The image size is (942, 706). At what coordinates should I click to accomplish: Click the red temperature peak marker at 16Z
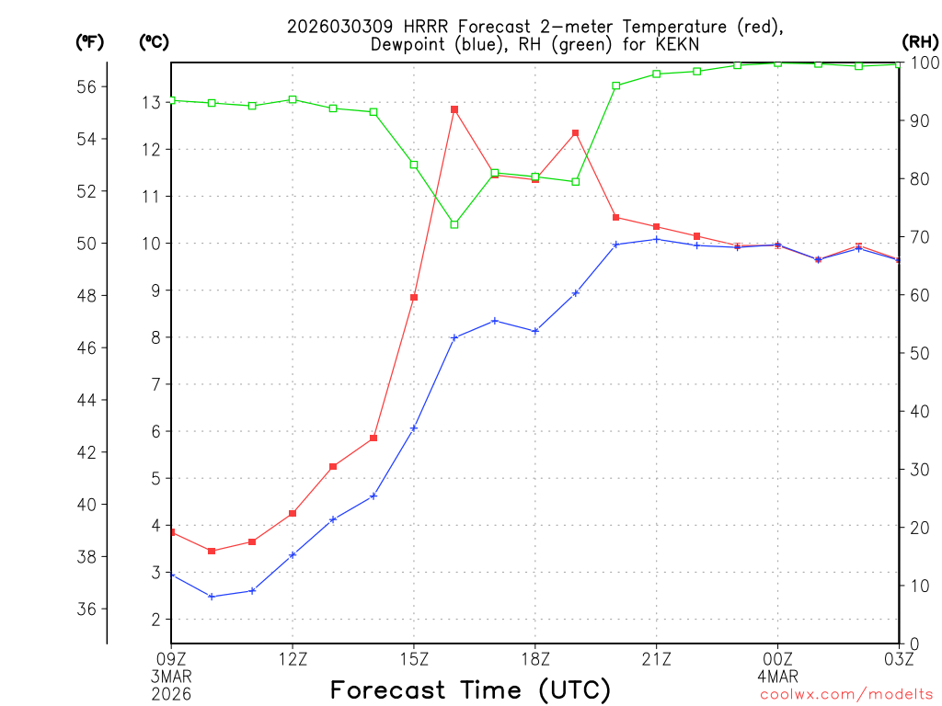pyautogui.click(x=454, y=109)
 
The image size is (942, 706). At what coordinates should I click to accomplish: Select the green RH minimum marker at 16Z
pyautogui.click(x=454, y=224)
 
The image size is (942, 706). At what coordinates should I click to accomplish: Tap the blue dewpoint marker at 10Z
pyautogui.click(x=212, y=597)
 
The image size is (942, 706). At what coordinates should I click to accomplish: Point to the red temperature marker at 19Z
pyautogui.click(x=576, y=133)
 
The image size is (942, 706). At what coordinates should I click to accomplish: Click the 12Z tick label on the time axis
pyautogui.click(x=293, y=658)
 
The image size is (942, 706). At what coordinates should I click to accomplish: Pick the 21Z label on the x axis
pyautogui.click(x=656, y=658)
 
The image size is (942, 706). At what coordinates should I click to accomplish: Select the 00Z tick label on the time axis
pyautogui.click(x=777, y=658)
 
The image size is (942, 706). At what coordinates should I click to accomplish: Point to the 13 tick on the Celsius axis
pyautogui.click(x=150, y=102)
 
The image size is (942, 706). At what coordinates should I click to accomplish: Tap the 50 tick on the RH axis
pyautogui.click(x=919, y=353)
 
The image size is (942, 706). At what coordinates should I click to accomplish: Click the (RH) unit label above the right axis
pyautogui.click(x=920, y=41)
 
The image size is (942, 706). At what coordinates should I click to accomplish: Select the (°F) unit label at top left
pyautogui.click(x=90, y=41)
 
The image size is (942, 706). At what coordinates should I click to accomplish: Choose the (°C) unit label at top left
pyautogui.click(x=155, y=41)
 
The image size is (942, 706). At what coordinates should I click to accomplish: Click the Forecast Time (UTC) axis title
pyautogui.click(x=470, y=689)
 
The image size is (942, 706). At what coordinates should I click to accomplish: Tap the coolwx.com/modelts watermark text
pyautogui.click(x=846, y=694)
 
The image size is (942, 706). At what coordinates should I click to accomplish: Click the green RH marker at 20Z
pyautogui.click(x=616, y=85)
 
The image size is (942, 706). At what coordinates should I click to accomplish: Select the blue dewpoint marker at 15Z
pyautogui.click(x=414, y=428)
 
